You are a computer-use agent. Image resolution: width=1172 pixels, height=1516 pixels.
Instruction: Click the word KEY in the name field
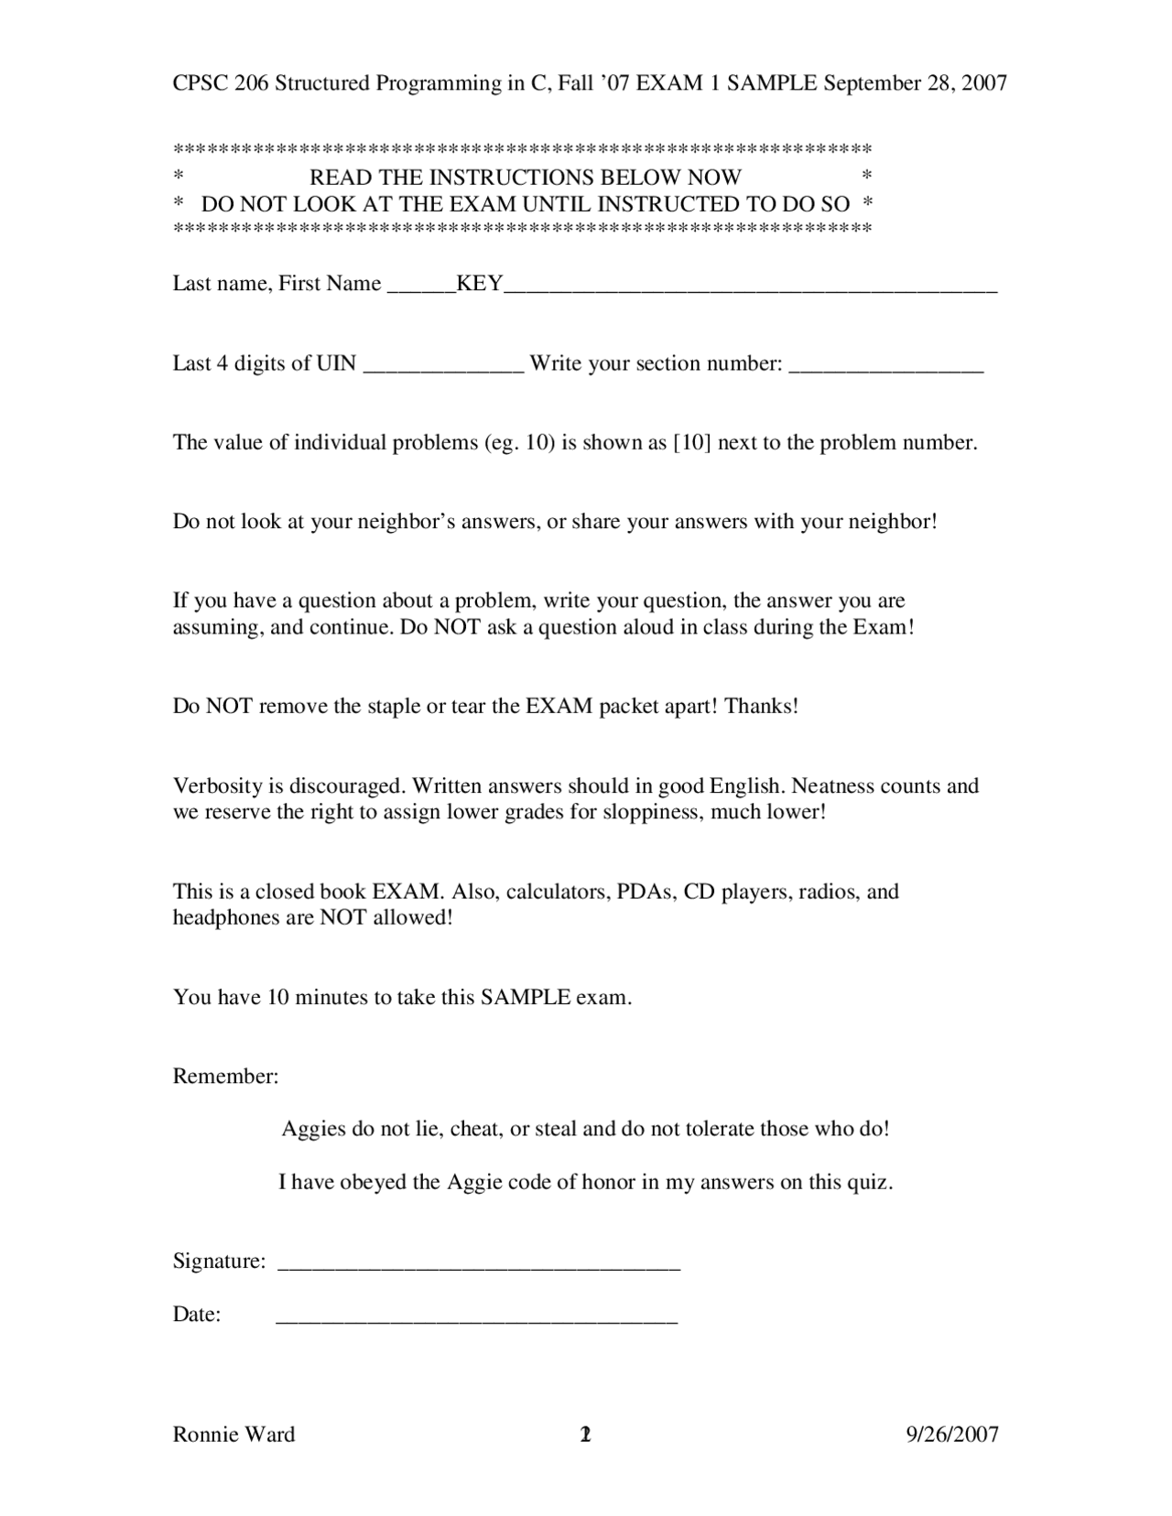point(480,284)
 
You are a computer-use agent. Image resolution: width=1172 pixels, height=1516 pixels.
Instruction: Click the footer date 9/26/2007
point(952,1435)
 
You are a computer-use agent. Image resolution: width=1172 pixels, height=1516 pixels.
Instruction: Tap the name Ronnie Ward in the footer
point(233,1435)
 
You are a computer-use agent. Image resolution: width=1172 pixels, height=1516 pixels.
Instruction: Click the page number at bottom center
point(586,1435)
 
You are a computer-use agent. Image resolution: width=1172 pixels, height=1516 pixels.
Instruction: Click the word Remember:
point(225,1077)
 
